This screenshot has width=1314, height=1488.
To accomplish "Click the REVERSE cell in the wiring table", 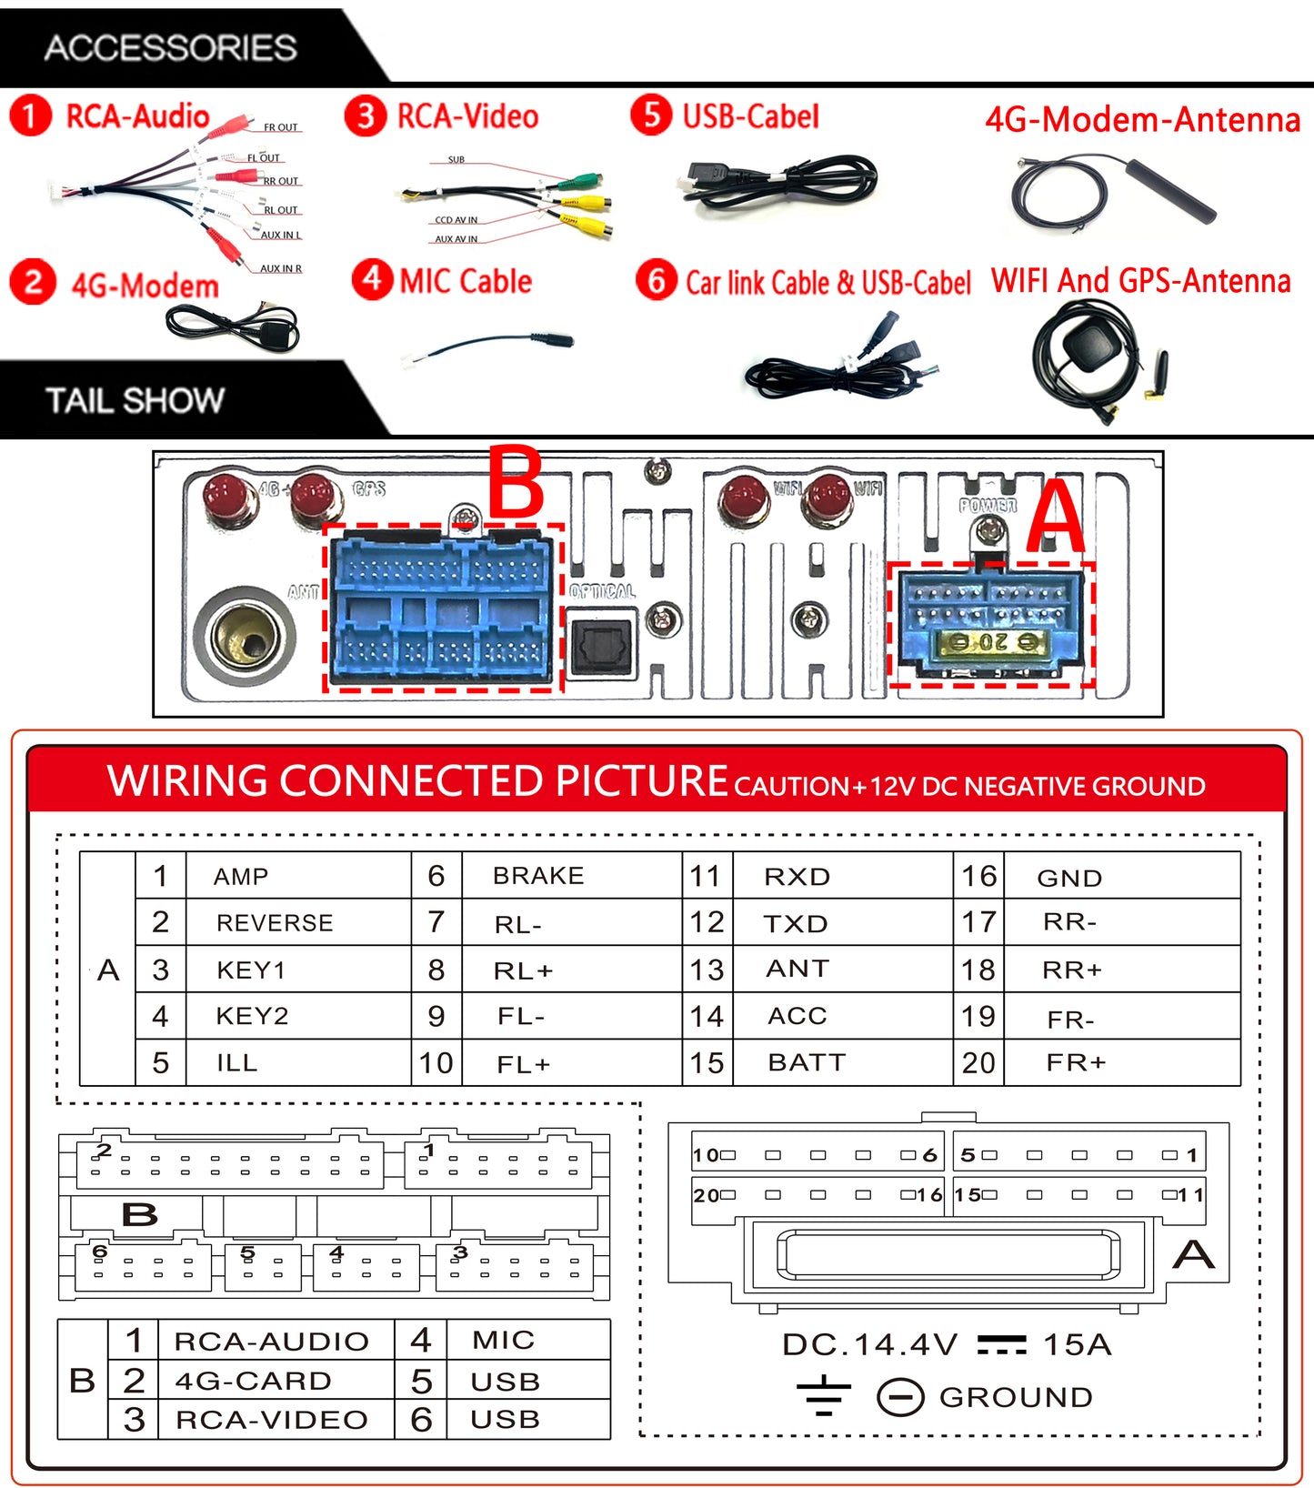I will (x=275, y=922).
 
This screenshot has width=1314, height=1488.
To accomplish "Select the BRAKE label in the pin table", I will (x=538, y=875).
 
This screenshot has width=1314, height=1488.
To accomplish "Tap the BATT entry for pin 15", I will (x=807, y=1062).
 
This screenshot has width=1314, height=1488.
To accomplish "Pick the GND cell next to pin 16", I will (x=1069, y=878).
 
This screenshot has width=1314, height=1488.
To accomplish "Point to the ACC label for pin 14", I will (x=797, y=1015).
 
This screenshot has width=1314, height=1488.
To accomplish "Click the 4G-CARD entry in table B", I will (x=254, y=1381).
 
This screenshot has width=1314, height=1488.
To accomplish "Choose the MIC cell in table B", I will (x=503, y=1340).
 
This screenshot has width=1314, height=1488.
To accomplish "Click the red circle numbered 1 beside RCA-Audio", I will (x=30, y=116).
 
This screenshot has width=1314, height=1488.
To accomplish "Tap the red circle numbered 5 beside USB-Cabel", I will (x=651, y=116).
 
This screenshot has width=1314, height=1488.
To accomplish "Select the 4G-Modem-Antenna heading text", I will (x=1142, y=119).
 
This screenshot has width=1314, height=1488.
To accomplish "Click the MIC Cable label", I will (x=466, y=281).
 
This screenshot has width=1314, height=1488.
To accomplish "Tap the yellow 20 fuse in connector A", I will (x=992, y=643).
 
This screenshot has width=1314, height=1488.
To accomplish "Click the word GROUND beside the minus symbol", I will (x=1016, y=1397).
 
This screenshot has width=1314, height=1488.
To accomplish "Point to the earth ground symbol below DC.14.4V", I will (x=823, y=1396).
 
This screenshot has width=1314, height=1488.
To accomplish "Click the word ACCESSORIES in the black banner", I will (x=171, y=47).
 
